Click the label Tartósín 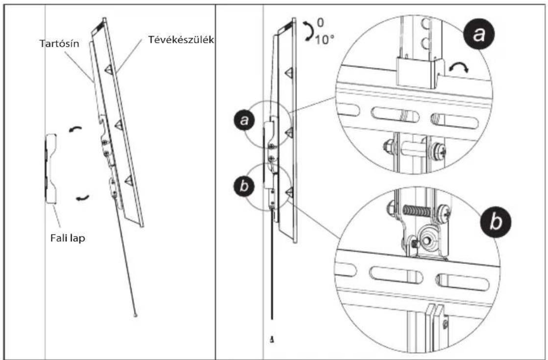(x=59, y=44)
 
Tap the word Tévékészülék (x=181, y=40)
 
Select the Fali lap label (x=68, y=238)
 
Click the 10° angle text (x=324, y=40)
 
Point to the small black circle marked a (x=245, y=120)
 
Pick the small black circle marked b (x=244, y=186)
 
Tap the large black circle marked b (x=495, y=222)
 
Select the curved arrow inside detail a (x=459, y=67)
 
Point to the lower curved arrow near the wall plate (x=82, y=198)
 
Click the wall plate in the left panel (x=51, y=169)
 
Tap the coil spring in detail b (x=417, y=210)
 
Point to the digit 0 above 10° (x=320, y=23)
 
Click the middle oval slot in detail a (x=395, y=114)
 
